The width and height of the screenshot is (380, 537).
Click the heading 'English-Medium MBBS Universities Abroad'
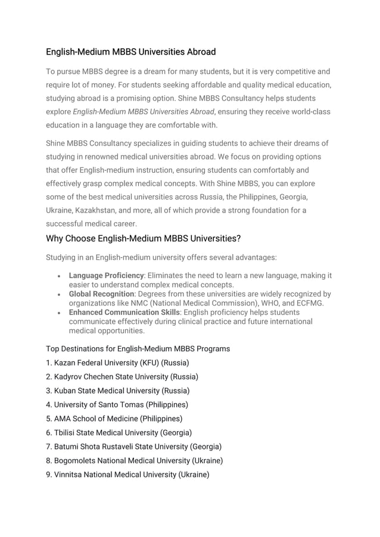[131, 52]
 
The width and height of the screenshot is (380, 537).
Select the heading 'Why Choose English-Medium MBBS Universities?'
[143, 239]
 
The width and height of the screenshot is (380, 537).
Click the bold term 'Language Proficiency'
[106, 276]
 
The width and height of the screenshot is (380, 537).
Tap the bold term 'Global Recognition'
[101, 294]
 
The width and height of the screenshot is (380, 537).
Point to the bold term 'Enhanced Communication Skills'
[124, 313]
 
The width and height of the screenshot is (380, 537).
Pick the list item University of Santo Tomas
[117, 405]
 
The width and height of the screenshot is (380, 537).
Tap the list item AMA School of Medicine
[114, 419]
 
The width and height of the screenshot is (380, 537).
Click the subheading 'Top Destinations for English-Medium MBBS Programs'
[138, 348]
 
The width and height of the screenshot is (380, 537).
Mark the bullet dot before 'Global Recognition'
[57, 295]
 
